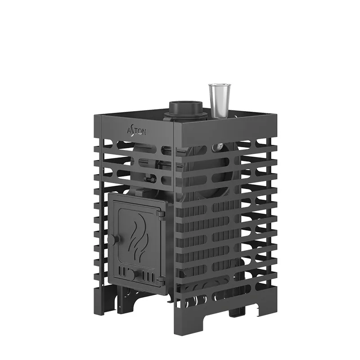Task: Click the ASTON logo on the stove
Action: (136, 131)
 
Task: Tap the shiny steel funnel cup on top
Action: (219, 101)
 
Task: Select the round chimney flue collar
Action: (186, 108)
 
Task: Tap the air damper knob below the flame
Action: (133, 274)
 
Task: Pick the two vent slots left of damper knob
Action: (122, 271)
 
